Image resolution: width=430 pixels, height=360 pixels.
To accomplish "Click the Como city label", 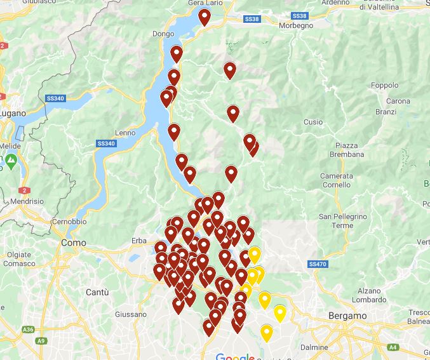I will click(73, 243).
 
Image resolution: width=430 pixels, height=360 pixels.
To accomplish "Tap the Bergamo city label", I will click(348, 316).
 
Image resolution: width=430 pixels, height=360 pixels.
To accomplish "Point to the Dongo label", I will click(163, 34).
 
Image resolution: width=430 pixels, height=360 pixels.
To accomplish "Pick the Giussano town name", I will click(131, 314).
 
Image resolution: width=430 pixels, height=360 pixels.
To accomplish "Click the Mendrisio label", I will click(27, 201).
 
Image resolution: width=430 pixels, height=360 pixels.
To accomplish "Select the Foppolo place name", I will click(384, 85).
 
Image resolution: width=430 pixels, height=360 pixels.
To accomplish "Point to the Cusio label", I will click(313, 122).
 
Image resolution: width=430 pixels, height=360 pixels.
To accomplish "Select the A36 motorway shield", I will click(27, 330).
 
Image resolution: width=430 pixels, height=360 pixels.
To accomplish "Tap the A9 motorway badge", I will click(41, 341).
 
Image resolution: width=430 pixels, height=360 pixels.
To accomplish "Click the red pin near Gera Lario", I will click(204, 17).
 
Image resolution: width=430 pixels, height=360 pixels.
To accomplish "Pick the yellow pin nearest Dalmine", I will click(267, 332).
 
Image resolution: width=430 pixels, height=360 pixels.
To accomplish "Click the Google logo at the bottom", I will click(235, 356).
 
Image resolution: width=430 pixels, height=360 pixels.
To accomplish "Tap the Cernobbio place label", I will click(69, 222).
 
